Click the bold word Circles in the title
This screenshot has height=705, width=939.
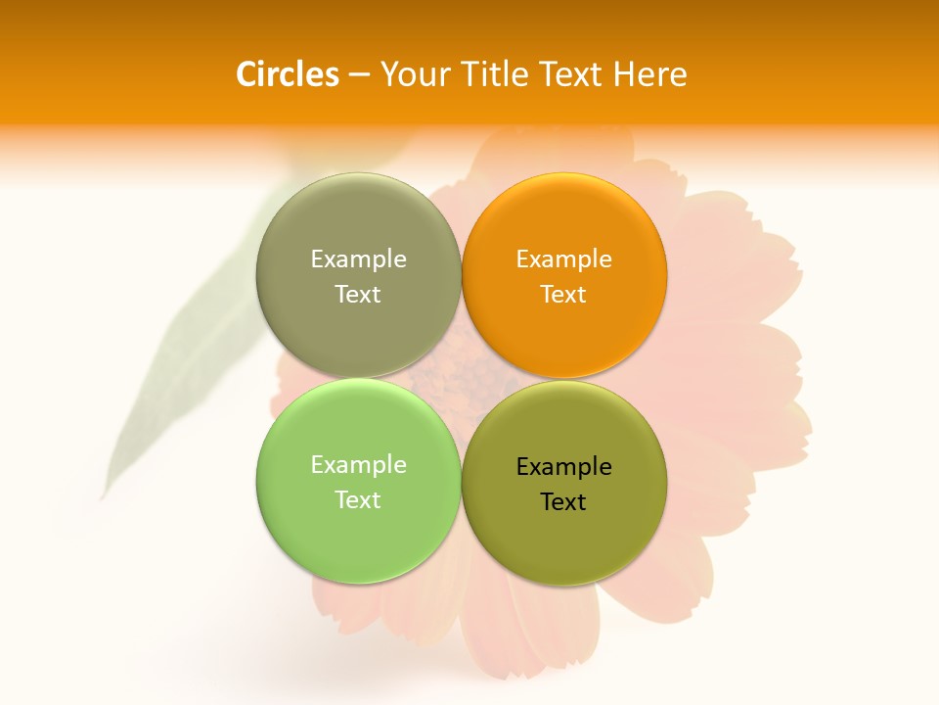coord(288,74)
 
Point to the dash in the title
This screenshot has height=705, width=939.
coord(359,75)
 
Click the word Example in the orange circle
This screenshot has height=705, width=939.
coord(563,259)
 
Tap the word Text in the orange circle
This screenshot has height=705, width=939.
coord(563,295)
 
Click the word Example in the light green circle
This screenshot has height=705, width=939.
coord(358,465)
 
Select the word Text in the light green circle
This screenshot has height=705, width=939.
coord(358,500)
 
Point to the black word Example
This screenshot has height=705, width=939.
coord(563,467)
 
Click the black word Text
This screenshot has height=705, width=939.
coord(563,502)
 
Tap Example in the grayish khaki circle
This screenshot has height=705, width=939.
coord(358,259)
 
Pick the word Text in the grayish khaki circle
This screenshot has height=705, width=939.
coord(358,295)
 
